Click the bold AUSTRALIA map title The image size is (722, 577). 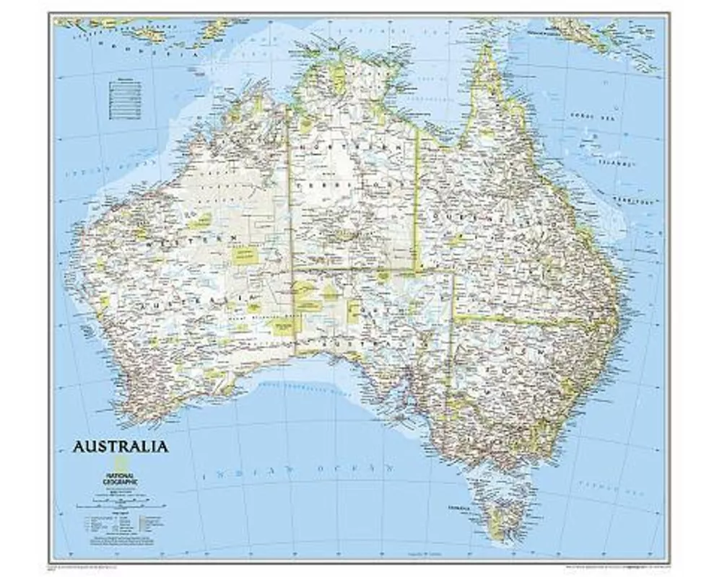click(120, 446)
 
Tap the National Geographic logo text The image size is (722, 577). click(123, 478)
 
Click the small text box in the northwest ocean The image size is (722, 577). click(125, 100)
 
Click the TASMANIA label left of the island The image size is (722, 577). click(458, 508)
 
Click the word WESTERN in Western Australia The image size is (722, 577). click(191, 241)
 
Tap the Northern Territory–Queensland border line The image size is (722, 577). click(417, 202)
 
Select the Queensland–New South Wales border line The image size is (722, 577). click(527, 319)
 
